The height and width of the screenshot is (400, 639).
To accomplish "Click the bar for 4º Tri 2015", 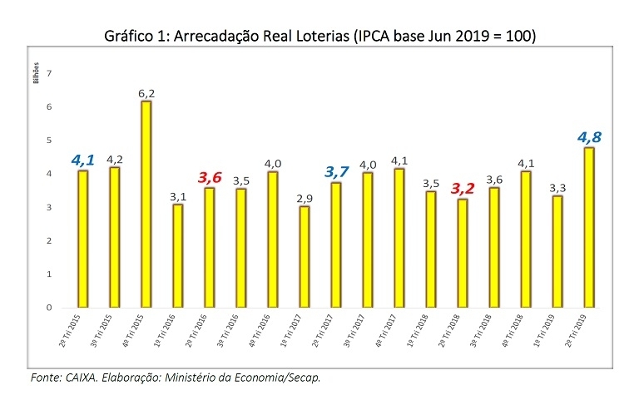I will (146, 204).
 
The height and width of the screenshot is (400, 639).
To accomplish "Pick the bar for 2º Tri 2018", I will (462, 253).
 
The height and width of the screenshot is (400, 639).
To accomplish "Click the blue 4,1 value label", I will (83, 159).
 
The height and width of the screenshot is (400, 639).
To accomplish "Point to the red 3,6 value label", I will (209, 177).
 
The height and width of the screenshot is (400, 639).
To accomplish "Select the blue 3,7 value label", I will (334, 172).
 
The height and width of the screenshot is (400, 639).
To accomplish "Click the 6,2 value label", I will (146, 93).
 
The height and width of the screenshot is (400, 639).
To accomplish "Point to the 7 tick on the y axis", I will (49, 74).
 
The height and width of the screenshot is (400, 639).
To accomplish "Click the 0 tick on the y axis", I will (49, 308).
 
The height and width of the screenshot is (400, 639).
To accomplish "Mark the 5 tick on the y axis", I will (49, 141).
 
